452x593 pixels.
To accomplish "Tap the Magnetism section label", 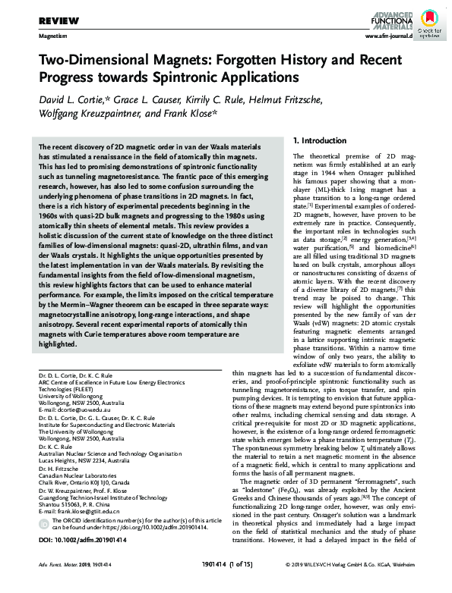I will pos(52,36).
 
